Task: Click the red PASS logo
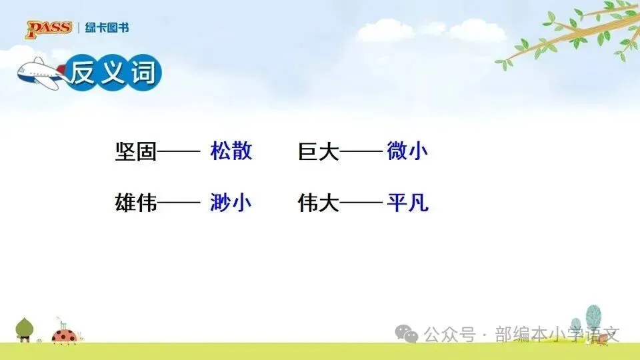(x=49, y=29)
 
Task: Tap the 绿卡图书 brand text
(x=107, y=28)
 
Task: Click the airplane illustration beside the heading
(x=41, y=73)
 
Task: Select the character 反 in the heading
(x=83, y=73)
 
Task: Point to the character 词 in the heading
(x=143, y=73)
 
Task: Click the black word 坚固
(x=136, y=151)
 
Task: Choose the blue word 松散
(x=231, y=151)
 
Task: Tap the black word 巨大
(x=319, y=151)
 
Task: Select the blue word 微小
(x=407, y=151)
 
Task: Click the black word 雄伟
(x=136, y=203)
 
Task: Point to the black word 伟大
(x=319, y=203)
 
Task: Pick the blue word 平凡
(x=408, y=203)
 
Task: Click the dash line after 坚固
(x=179, y=152)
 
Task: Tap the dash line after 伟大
(x=361, y=203)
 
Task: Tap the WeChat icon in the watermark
(x=407, y=334)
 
